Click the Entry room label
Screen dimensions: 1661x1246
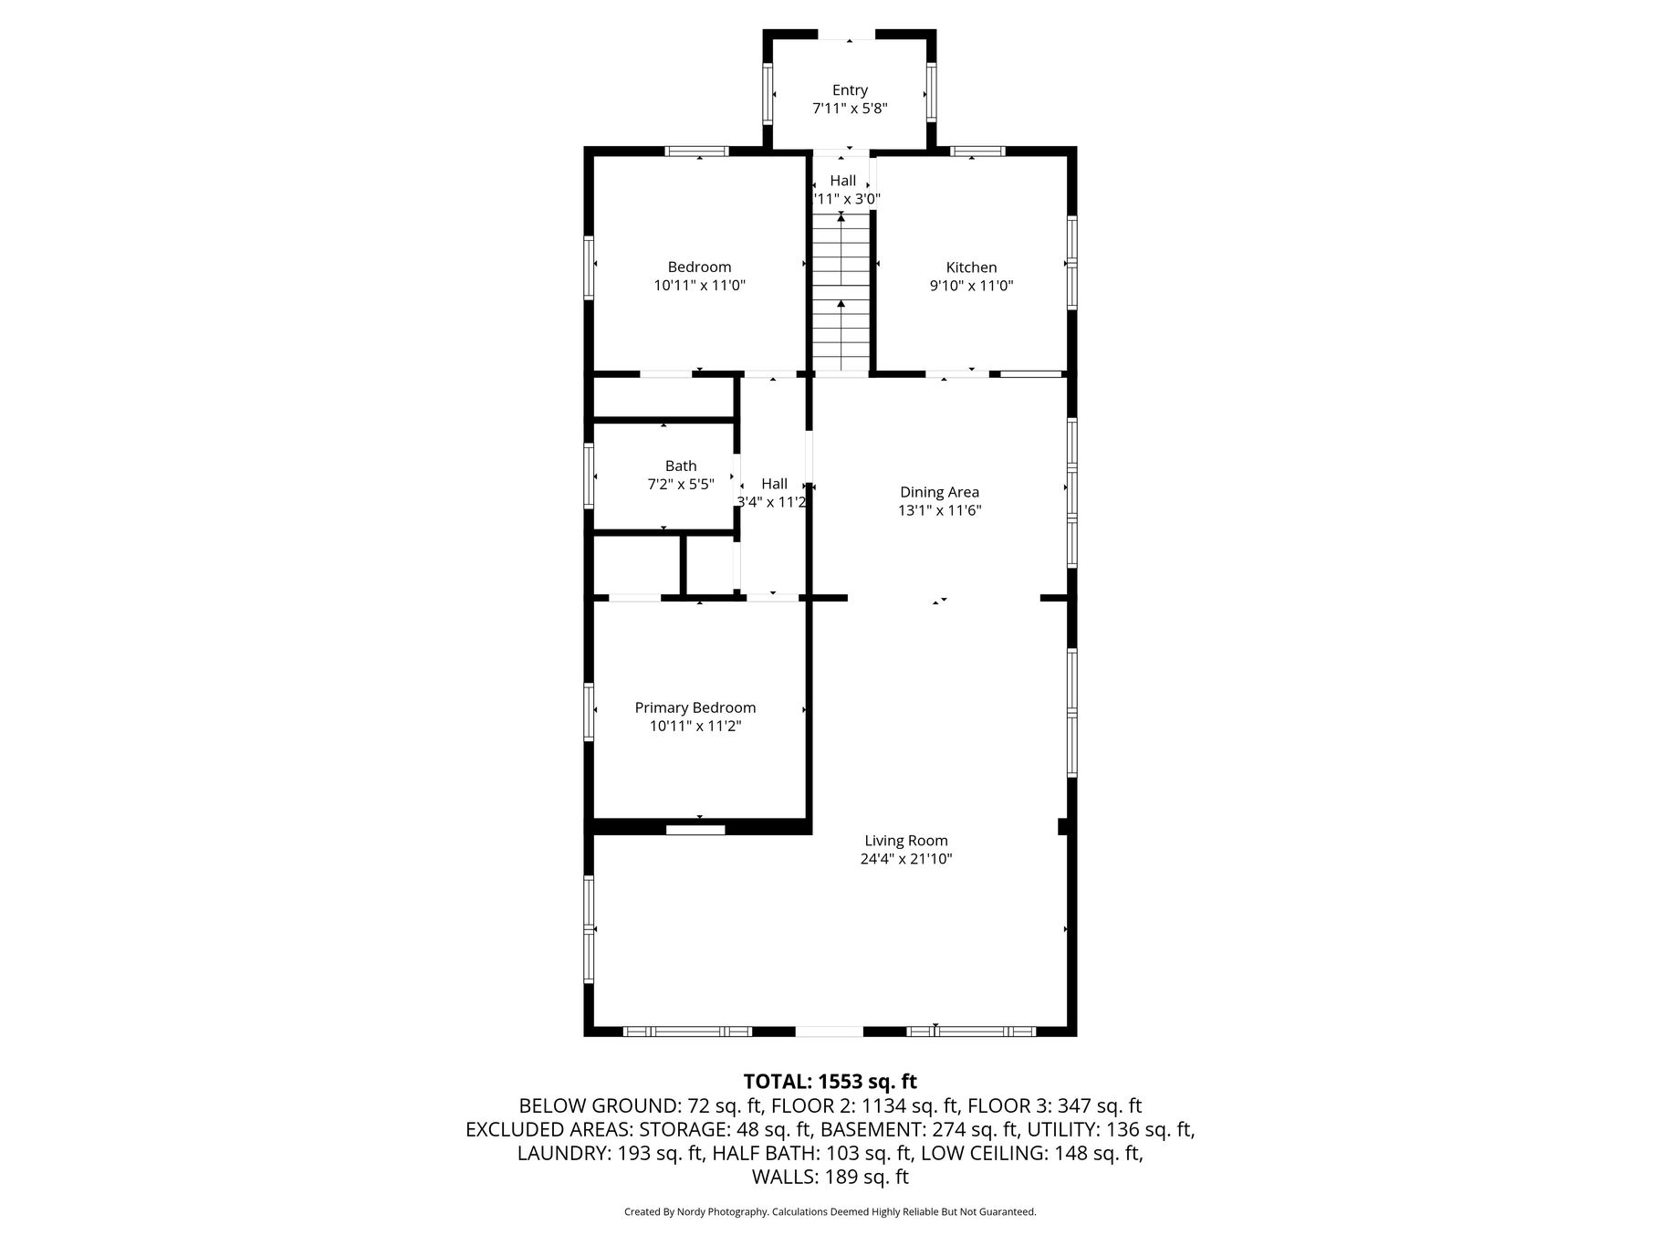tap(850, 90)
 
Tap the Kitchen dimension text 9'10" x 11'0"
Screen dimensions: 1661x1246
tap(971, 286)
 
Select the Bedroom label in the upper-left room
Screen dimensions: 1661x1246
tap(699, 267)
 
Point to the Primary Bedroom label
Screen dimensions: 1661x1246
tap(695, 708)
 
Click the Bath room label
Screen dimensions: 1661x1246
tap(681, 466)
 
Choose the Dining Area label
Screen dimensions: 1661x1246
tap(939, 493)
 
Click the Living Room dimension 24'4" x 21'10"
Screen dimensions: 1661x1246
tap(906, 859)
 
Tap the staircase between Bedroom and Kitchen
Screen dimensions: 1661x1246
tap(841, 292)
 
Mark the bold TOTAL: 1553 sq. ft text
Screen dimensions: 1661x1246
tap(830, 1083)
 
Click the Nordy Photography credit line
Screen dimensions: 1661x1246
tap(830, 1212)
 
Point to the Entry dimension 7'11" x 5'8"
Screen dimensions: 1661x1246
tap(850, 109)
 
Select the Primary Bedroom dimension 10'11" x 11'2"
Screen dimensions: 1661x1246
tap(695, 727)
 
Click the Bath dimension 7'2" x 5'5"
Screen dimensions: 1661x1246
tap(681, 485)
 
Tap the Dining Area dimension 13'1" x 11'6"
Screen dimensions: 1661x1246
tap(939, 511)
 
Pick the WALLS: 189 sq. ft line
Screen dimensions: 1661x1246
tap(830, 1178)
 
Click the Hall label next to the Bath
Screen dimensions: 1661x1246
tap(774, 485)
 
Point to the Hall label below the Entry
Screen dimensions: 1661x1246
tap(843, 181)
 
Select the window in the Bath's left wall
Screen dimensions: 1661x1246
tap(590, 476)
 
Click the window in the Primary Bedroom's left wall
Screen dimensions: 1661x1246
tap(590, 711)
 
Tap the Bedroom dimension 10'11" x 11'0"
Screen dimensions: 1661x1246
tap(699, 286)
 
